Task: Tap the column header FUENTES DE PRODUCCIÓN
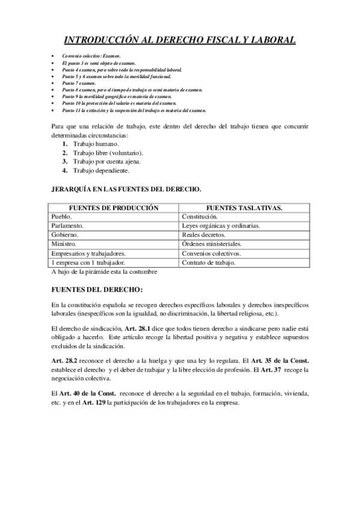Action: tap(113, 207)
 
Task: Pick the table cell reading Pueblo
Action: tap(62, 217)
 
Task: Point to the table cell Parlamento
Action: tap(67, 226)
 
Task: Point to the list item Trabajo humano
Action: tap(96, 144)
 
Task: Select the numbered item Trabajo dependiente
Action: tap(100, 170)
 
